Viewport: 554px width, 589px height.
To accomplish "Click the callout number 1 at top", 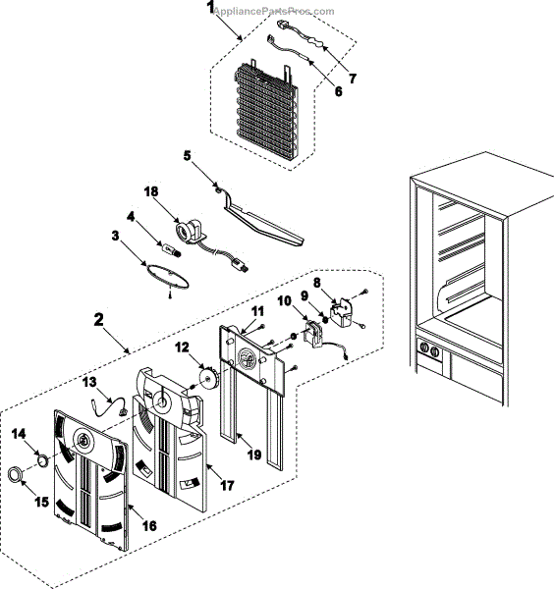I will click(x=209, y=9).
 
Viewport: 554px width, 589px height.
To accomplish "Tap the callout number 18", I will click(x=150, y=193).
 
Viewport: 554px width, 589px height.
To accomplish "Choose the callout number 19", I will click(x=253, y=455).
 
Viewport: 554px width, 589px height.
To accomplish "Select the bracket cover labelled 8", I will click(x=343, y=313).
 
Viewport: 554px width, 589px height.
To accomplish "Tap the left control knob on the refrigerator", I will click(x=424, y=348).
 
